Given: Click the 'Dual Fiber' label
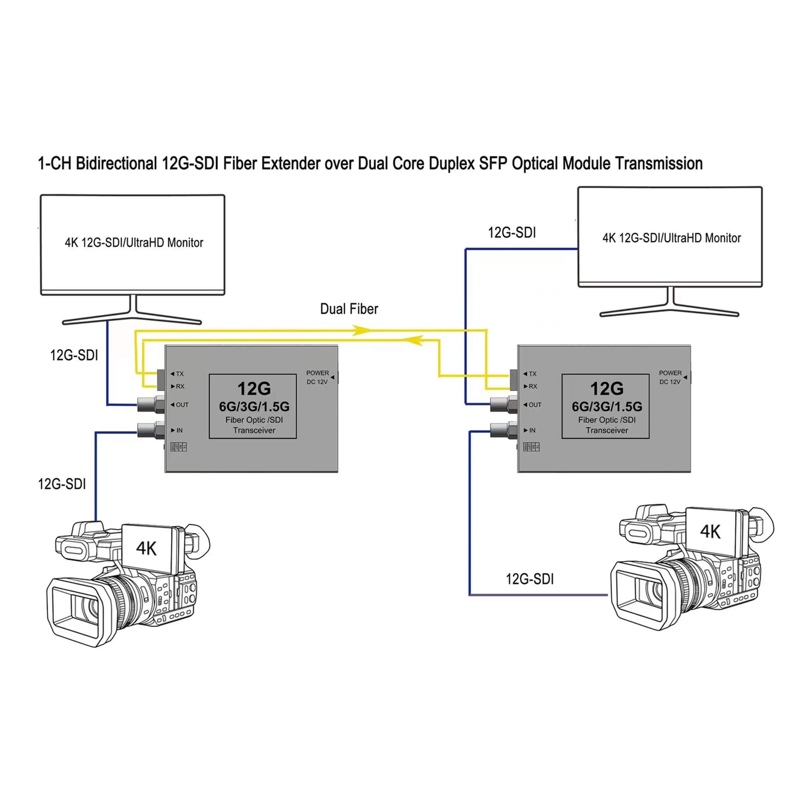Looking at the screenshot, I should click(349, 309).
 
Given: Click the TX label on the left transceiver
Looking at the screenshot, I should click(179, 374).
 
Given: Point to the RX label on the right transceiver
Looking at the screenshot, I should click(533, 386).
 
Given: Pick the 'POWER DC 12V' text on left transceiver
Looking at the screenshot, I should click(317, 377).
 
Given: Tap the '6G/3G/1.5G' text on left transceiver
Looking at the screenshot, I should click(254, 407).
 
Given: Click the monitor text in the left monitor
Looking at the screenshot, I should click(134, 242).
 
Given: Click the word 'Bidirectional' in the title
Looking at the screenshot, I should click(116, 163).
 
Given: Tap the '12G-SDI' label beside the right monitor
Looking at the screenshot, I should click(512, 233).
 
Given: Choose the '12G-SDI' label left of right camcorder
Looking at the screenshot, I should click(530, 579).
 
